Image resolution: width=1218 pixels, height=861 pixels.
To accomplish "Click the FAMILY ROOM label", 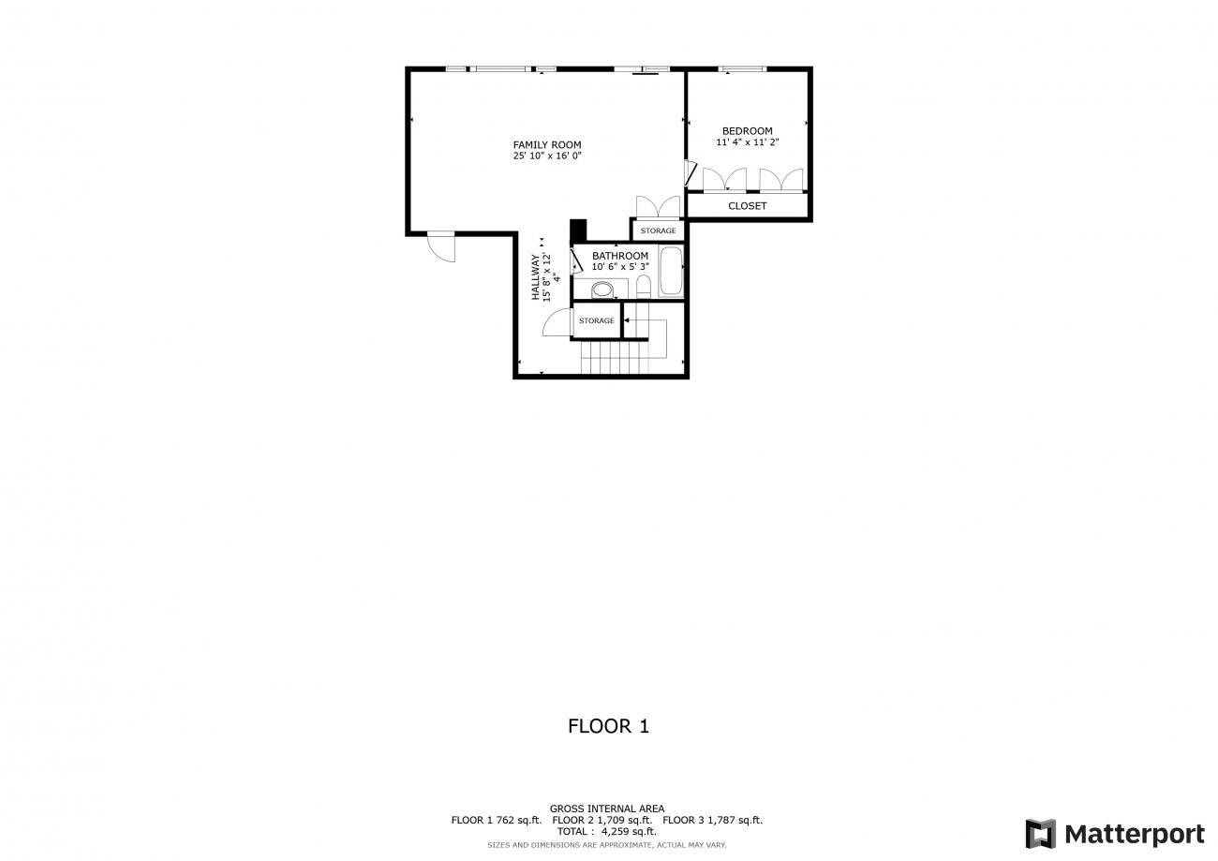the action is point(547,144).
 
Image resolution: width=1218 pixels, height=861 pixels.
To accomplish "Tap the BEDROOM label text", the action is point(747,131).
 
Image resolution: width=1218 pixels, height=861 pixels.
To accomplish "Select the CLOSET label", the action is point(747,206).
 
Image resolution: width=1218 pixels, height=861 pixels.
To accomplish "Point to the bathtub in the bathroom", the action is point(671,271).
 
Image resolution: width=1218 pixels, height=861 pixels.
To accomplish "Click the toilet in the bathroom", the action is point(644,287).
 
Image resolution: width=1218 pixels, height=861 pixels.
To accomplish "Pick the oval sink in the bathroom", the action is point(602,289).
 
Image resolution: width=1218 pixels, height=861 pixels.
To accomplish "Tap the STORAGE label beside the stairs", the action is point(597,320).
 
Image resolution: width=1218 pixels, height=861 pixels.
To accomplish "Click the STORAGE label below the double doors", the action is point(658,230).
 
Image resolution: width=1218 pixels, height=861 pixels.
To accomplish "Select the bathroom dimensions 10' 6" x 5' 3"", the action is point(620,267).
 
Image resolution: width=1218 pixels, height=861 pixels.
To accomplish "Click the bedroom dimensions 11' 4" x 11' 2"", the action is point(747,142).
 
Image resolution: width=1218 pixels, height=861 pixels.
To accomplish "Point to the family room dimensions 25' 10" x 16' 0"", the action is point(547,156).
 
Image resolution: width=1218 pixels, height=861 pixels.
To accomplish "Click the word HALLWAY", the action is point(536,277).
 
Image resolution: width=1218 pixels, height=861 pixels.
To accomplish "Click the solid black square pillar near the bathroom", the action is point(578,230).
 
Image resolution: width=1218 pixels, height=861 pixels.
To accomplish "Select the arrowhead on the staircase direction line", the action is point(627,320).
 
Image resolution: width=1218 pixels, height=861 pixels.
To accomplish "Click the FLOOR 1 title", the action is point(608,726).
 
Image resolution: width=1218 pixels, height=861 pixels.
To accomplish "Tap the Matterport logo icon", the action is point(1040,833).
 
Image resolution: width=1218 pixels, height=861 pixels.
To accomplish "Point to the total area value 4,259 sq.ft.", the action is point(629,832).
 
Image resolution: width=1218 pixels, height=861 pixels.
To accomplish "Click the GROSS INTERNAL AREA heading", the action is point(607,809).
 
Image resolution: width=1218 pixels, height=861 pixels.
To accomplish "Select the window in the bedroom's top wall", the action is point(742,69).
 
